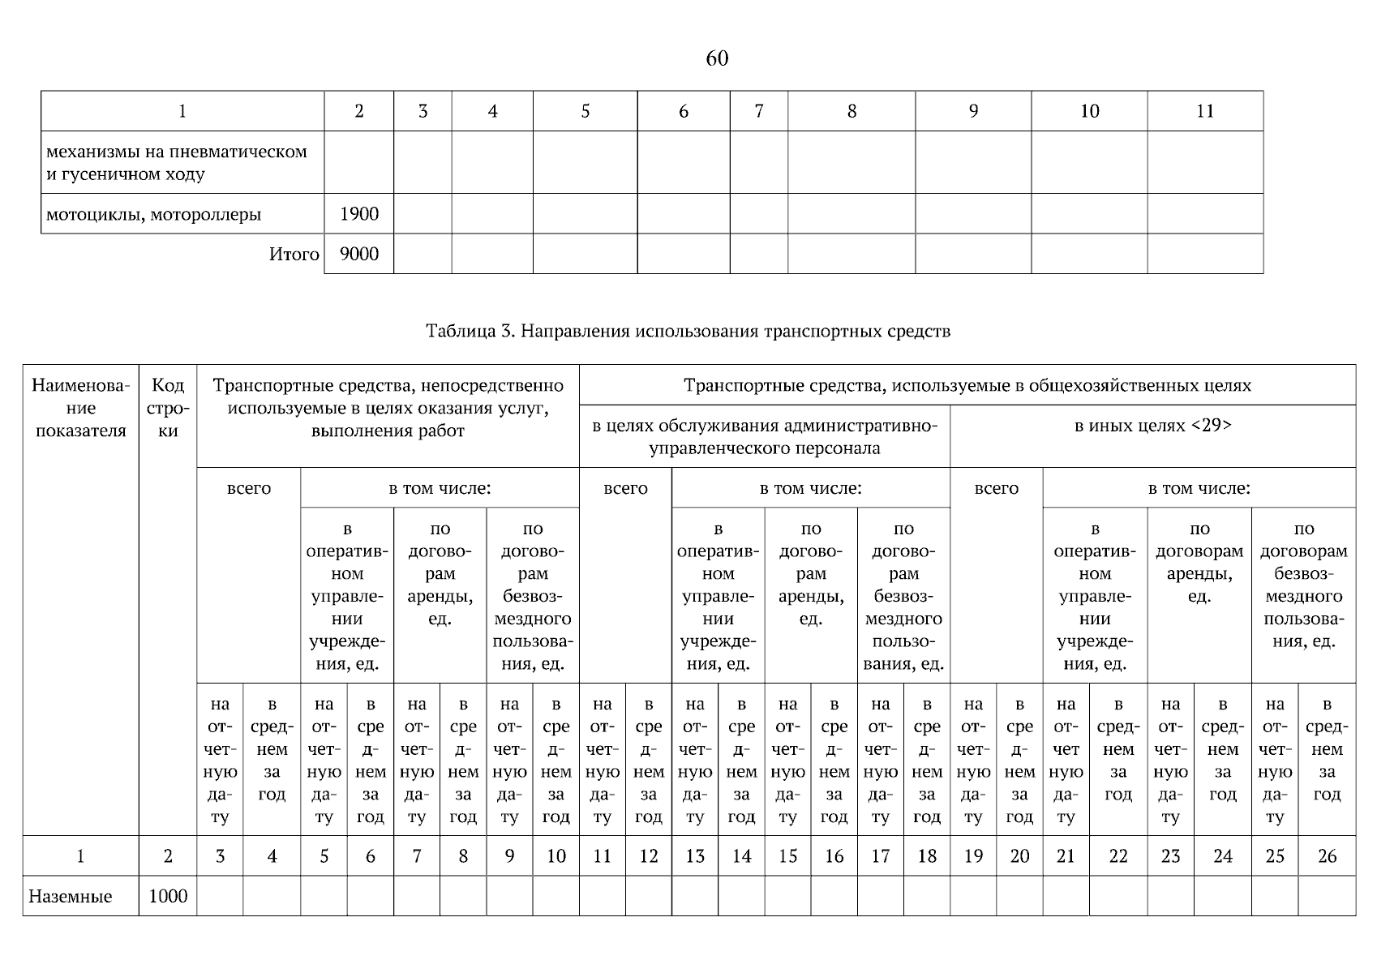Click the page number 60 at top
coord(717,58)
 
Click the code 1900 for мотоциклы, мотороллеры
coord(359,214)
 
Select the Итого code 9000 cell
coord(359,254)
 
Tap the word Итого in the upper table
coord(294,255)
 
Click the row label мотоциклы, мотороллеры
coord(154,215)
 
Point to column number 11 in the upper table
coord(1205,111)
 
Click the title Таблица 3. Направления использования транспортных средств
coord(688,331)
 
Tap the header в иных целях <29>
coord(1152,426)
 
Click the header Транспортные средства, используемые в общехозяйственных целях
coord(967,385)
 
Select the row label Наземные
coord(71,897)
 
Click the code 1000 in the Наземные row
coord(168,896)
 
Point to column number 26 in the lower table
coord(1327,856)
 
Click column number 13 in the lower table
coord(695,856)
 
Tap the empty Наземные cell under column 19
coord(973,896)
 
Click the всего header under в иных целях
coord(996,489)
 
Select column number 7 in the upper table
coord(758,111)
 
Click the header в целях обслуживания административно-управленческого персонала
coord(764,437)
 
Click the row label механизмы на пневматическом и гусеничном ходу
coord(177,162)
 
